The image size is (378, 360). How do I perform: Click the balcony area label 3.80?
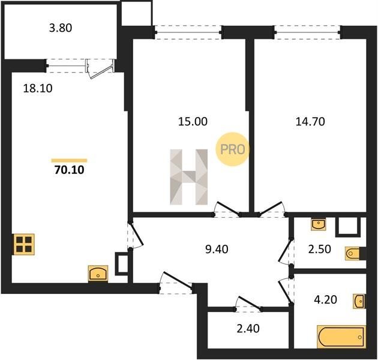pos(61,28)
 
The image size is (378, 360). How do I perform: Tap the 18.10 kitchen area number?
pos(38,88)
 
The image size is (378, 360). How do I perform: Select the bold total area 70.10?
pos(70,170)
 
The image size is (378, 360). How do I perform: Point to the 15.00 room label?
pos(193,122)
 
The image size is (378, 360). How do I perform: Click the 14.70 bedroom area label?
pos(310,122)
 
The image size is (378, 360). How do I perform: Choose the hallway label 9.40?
pos(217,250)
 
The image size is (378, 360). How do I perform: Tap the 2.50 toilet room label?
pos(320,249)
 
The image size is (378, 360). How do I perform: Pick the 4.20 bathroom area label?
pos(325,299)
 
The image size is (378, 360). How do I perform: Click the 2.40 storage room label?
pos(248,328)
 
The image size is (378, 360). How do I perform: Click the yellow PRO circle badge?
pos(232,149)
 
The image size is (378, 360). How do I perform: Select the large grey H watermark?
pos(189,177)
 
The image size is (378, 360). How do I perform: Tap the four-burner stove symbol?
pos(23,244)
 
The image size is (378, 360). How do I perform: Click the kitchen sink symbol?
pos(98,274)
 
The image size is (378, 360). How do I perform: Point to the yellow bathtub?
pos(341,337)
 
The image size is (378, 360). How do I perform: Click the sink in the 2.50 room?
pos(319,224)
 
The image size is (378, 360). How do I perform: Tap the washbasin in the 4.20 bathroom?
pos(359,301)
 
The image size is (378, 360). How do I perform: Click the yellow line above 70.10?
pos(69,161)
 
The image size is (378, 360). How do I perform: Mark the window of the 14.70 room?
pos(308,32)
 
